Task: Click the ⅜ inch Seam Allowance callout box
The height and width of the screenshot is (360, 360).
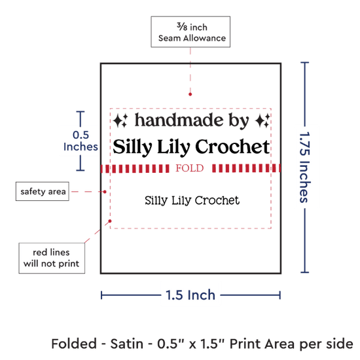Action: [190, 32]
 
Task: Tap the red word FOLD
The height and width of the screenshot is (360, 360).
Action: [190, 168]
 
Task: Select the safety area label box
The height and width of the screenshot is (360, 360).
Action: [43, 191]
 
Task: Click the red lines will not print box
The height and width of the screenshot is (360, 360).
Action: [52, 258]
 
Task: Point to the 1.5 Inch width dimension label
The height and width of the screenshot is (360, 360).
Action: [190, 295]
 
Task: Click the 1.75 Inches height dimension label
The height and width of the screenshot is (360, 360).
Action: [305, 168]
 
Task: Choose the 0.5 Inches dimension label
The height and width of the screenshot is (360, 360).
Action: [81, 141]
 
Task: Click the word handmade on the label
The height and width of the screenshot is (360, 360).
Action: [179, 120]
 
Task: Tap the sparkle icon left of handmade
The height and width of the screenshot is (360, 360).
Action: [120, 120]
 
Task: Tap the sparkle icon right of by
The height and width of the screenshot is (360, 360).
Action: [262, 120]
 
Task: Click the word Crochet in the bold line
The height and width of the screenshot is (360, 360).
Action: [232, 147]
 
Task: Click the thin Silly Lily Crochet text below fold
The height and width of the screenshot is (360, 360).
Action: [192, 200]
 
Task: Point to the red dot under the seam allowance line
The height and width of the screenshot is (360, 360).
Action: [190, 94]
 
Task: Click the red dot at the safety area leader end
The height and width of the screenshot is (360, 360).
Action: [105, 192]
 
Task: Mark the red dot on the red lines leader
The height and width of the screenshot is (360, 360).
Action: [110, 221]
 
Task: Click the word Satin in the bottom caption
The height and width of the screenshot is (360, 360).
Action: [127, 344]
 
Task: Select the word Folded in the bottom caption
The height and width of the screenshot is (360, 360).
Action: [74, 344]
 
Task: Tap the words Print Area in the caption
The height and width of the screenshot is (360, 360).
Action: [262, 344]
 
